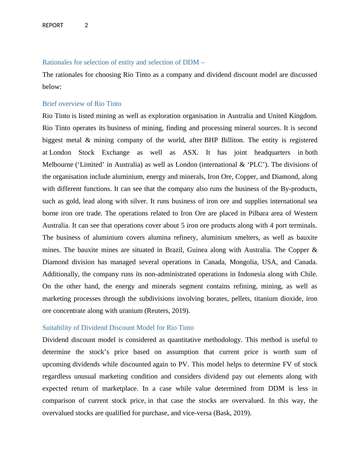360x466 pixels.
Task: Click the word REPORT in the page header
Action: click(x=53, y=25)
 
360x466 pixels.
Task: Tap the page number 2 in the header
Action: click(x=86, y=25)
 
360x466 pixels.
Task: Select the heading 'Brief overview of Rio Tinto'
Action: click(x=82, y=104)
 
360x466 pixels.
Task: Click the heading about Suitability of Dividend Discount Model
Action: click(x=118, y=328)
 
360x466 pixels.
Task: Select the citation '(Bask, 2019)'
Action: click(x=232, y=413)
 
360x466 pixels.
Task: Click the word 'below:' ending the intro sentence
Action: click(x=52, y=87)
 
